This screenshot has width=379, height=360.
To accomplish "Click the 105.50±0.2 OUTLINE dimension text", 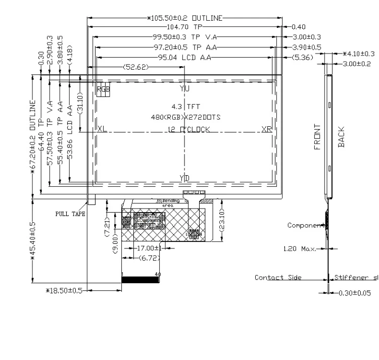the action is tap(185, 18).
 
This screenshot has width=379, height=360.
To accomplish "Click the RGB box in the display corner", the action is tap(103, 89).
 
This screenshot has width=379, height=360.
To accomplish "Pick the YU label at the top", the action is tap(184, 88).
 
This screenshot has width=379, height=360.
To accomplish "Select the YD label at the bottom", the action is tap(184, 178).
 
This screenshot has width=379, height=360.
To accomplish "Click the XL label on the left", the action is tap(102, 129).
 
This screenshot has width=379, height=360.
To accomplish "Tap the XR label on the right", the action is tap(266, 129).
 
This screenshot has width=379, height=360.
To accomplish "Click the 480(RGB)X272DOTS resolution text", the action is tap(186, 117).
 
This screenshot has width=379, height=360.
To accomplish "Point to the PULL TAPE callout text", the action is tap(70, 214).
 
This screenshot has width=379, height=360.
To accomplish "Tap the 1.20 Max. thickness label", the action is tap(299, 248).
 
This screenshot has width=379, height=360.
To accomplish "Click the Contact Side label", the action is tap(278, 277).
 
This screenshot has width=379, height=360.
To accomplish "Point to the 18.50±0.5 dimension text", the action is tap(64, 290).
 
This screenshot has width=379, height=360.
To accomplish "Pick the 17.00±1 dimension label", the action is tap(149, 248).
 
